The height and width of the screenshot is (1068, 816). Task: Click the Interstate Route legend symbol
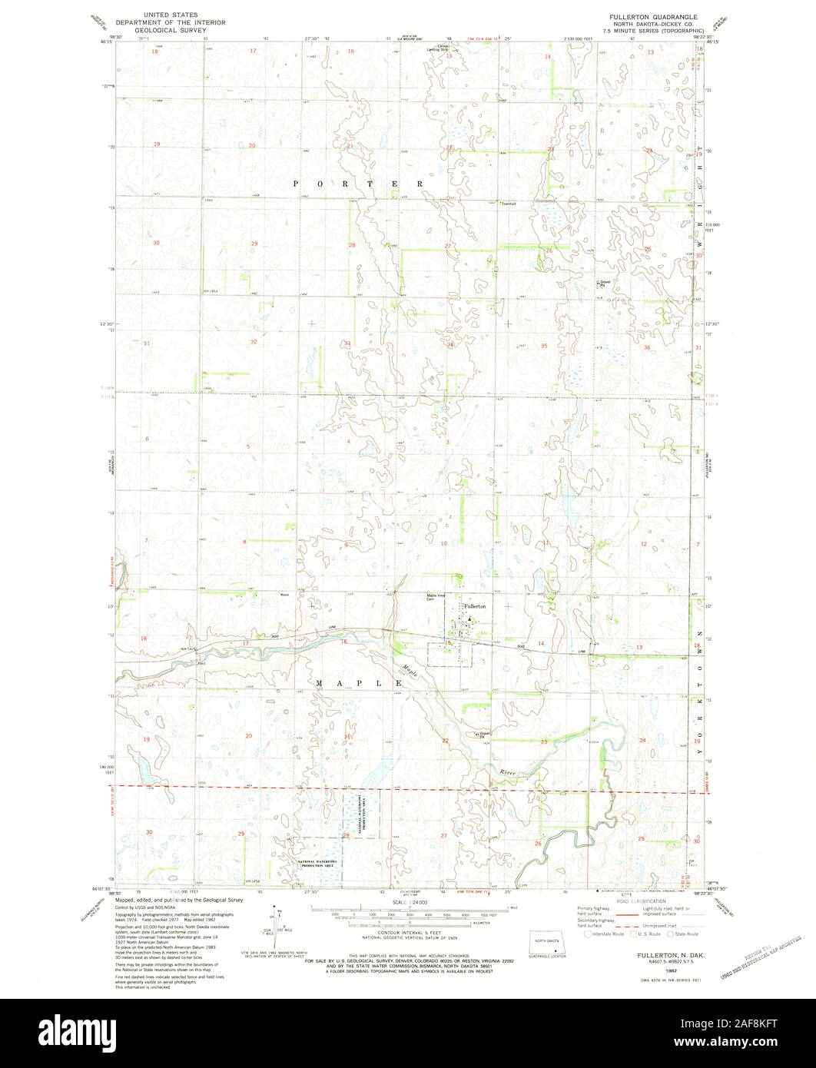(589, 934)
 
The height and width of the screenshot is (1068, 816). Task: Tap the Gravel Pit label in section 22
(483, 733)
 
